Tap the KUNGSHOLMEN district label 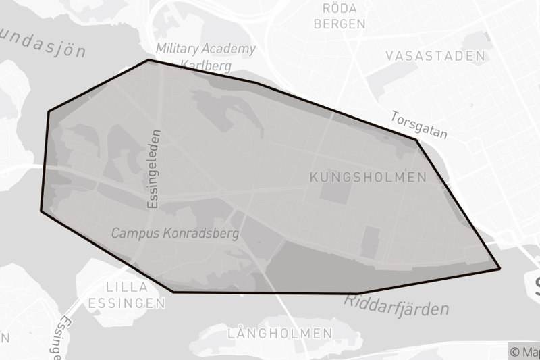[368, 178]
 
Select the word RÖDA [340, 8]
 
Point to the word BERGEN [340, 24]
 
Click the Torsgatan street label [419, 125]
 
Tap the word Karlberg [206, 66]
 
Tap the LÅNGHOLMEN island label [280, 333]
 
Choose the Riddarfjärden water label [397, 305]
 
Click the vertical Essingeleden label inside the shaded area [153, 168]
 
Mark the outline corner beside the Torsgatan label [416, 140]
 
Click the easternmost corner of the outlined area [500, 269]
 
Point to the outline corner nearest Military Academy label [148, 60]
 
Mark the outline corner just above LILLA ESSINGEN [173, 292]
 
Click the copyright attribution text [524, 351]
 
